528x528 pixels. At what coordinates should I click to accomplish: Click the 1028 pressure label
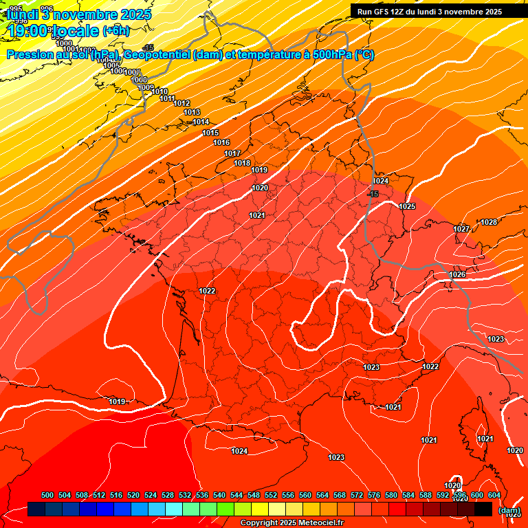(489, 222)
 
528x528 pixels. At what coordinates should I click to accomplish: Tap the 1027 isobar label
(461, 229)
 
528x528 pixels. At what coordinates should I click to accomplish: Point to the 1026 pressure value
(457, 274)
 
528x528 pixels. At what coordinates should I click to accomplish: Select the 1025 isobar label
(407, 206)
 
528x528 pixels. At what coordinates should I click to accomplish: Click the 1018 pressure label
(242, 163)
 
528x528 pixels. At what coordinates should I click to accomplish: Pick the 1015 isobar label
(210, 133)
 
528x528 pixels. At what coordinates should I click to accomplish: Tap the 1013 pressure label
(192, 112)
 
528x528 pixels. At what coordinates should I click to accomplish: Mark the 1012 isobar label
(181, 103)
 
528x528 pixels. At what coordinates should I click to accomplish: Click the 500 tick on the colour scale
(47, 495)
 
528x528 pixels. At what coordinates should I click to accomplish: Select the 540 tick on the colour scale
(219, 495)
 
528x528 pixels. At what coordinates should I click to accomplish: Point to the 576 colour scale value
(374, 495)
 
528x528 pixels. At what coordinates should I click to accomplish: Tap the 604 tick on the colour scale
(494, 495)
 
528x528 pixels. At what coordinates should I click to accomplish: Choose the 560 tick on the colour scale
(305, 495)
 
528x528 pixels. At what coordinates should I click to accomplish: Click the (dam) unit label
(509, 510)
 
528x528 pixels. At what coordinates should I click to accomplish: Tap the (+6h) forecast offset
(115, 30)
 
